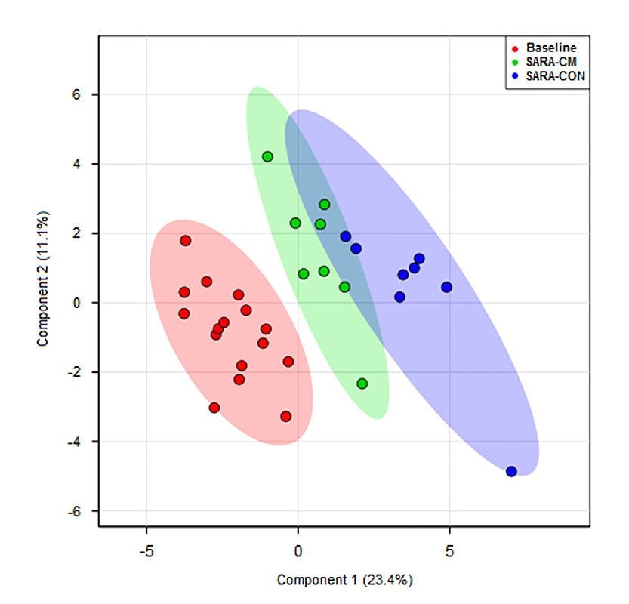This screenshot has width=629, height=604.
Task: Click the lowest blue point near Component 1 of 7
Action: click(x=511, y=471)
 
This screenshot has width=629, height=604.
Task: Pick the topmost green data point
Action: click(x=267, y=156)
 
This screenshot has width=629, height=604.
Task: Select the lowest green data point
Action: click(x=362, y=384)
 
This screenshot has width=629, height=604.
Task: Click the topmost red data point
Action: click(x=185, y=240)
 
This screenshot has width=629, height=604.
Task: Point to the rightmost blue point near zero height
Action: click(x=446, y=287)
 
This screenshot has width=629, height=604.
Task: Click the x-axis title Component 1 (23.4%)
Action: click(x=344, y=581)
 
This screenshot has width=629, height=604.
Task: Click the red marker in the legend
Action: click(x=514, y=48)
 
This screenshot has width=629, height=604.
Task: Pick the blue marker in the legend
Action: click(x=514, y=76)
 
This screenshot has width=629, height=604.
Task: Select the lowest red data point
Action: click(x=285, y=416)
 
